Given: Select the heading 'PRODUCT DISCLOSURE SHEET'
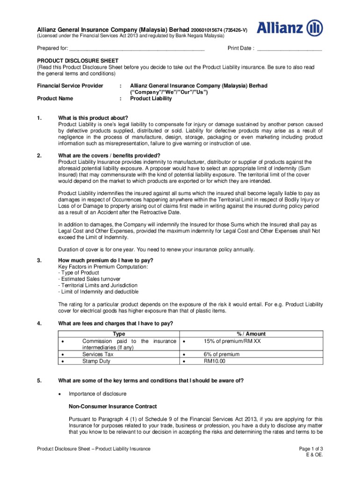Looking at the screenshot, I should click(78, 61).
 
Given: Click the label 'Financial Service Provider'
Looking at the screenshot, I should click(70, 86).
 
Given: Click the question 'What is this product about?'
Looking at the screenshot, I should click(93, 117).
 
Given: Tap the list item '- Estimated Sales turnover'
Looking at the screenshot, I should click(89, 279).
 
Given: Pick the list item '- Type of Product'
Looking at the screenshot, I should click(79, 273).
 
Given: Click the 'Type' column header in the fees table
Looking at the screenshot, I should click(119, 334).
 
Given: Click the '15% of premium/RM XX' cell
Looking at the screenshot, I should click(232, 341).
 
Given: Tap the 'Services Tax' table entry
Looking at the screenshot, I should click(98, 355).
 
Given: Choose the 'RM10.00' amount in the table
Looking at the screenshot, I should click(215, 361).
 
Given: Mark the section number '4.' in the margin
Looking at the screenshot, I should click(40, 323).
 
